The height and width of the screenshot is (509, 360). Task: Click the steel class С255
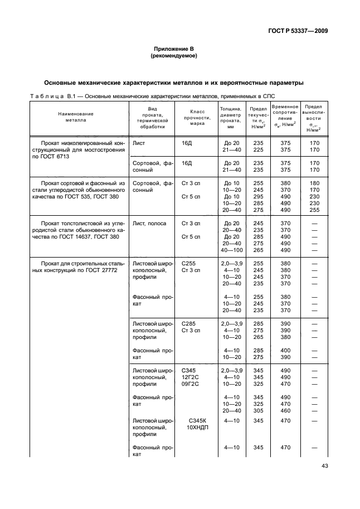(x=189, y=263)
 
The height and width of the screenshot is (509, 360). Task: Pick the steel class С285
(x=189, y=323)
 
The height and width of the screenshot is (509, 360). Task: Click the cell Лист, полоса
(x=149, y=223)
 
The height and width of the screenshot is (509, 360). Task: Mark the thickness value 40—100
(x=231, y=250)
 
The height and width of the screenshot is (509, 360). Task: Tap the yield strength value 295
(x=258, y=196)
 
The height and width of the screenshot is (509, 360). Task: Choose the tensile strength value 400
(x=286, y=350)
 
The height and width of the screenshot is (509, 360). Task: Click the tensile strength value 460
(x=286, y=410)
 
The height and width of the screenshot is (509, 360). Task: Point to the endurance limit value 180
(x=314, y=183)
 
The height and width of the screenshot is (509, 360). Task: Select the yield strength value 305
(x=258, y=410)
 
